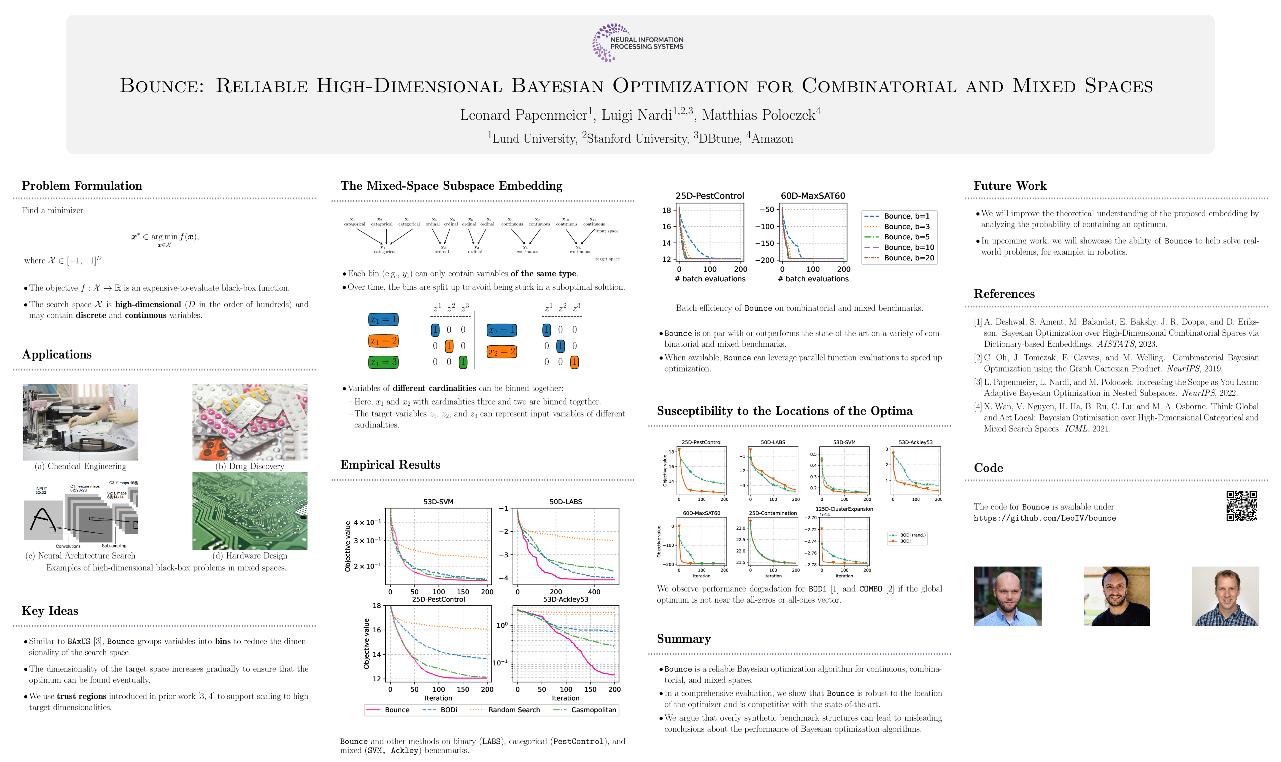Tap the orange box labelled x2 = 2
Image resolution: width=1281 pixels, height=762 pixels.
tap(501, 352)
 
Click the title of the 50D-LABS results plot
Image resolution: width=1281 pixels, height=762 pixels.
tap(565, 502)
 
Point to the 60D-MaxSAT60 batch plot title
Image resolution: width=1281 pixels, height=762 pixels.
tap(812, 196)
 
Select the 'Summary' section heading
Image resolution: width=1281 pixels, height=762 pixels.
tap(683, 639)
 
